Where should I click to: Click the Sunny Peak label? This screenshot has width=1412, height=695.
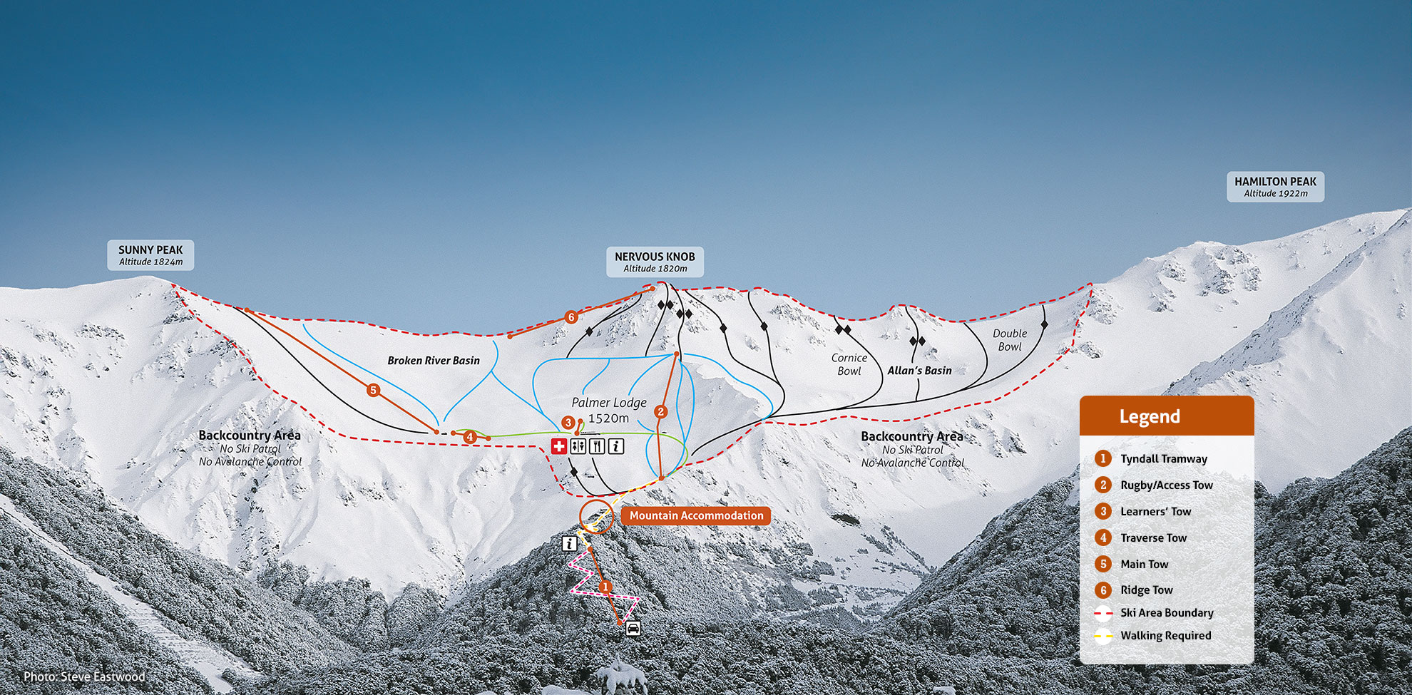pyautogui.click(x=150, y=254)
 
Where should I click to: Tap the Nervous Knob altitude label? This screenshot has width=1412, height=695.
pyautogui.click(x=655, y=269)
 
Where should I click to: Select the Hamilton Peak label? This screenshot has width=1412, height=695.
pyautogui.click(x=1275, y=186)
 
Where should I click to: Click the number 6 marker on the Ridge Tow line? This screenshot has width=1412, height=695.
pyautogui.click(x=571, y=317)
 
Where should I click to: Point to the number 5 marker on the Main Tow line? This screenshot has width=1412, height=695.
pyautogui.click(x=373, y=390)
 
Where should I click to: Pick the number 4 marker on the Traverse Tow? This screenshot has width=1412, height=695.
pyautogui.click(x=469, y=437)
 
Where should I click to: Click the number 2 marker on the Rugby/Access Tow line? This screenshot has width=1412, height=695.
pyautogui.click(x=660, y=412)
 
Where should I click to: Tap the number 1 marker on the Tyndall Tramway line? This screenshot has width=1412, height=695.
pyautogui.click(x=605, y=587)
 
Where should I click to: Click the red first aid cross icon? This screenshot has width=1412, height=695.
pyautogui.click(x=559, y=446)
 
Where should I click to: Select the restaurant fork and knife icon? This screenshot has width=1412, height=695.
pyautogui.click(x=597, y=446)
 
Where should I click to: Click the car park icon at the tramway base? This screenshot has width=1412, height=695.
pyautogui.click(x=633, y=628)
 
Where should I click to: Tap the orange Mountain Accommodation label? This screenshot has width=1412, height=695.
pyautogui.click(x=696, y=515)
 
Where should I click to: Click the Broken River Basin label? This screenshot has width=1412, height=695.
pyautogui.click(x=434, y=361)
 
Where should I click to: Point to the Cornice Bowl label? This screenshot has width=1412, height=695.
pyautogui.click(x=849, y=364)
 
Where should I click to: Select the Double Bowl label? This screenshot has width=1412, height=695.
pyautogui.click(x=1010, y=340)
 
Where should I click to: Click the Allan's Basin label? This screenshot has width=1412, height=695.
pyautogui.click(x=919, y=371)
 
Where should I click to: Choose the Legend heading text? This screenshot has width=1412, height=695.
pyautogui.click(x=1150, y=416)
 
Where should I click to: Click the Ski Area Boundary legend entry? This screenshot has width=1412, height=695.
pyautogui.click(x=1166, y=613)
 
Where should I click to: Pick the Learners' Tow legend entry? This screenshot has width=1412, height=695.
pyautogui.click(x=1155, y=512)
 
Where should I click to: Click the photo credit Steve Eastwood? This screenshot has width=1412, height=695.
pyautogui.click(x=84, y=676)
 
